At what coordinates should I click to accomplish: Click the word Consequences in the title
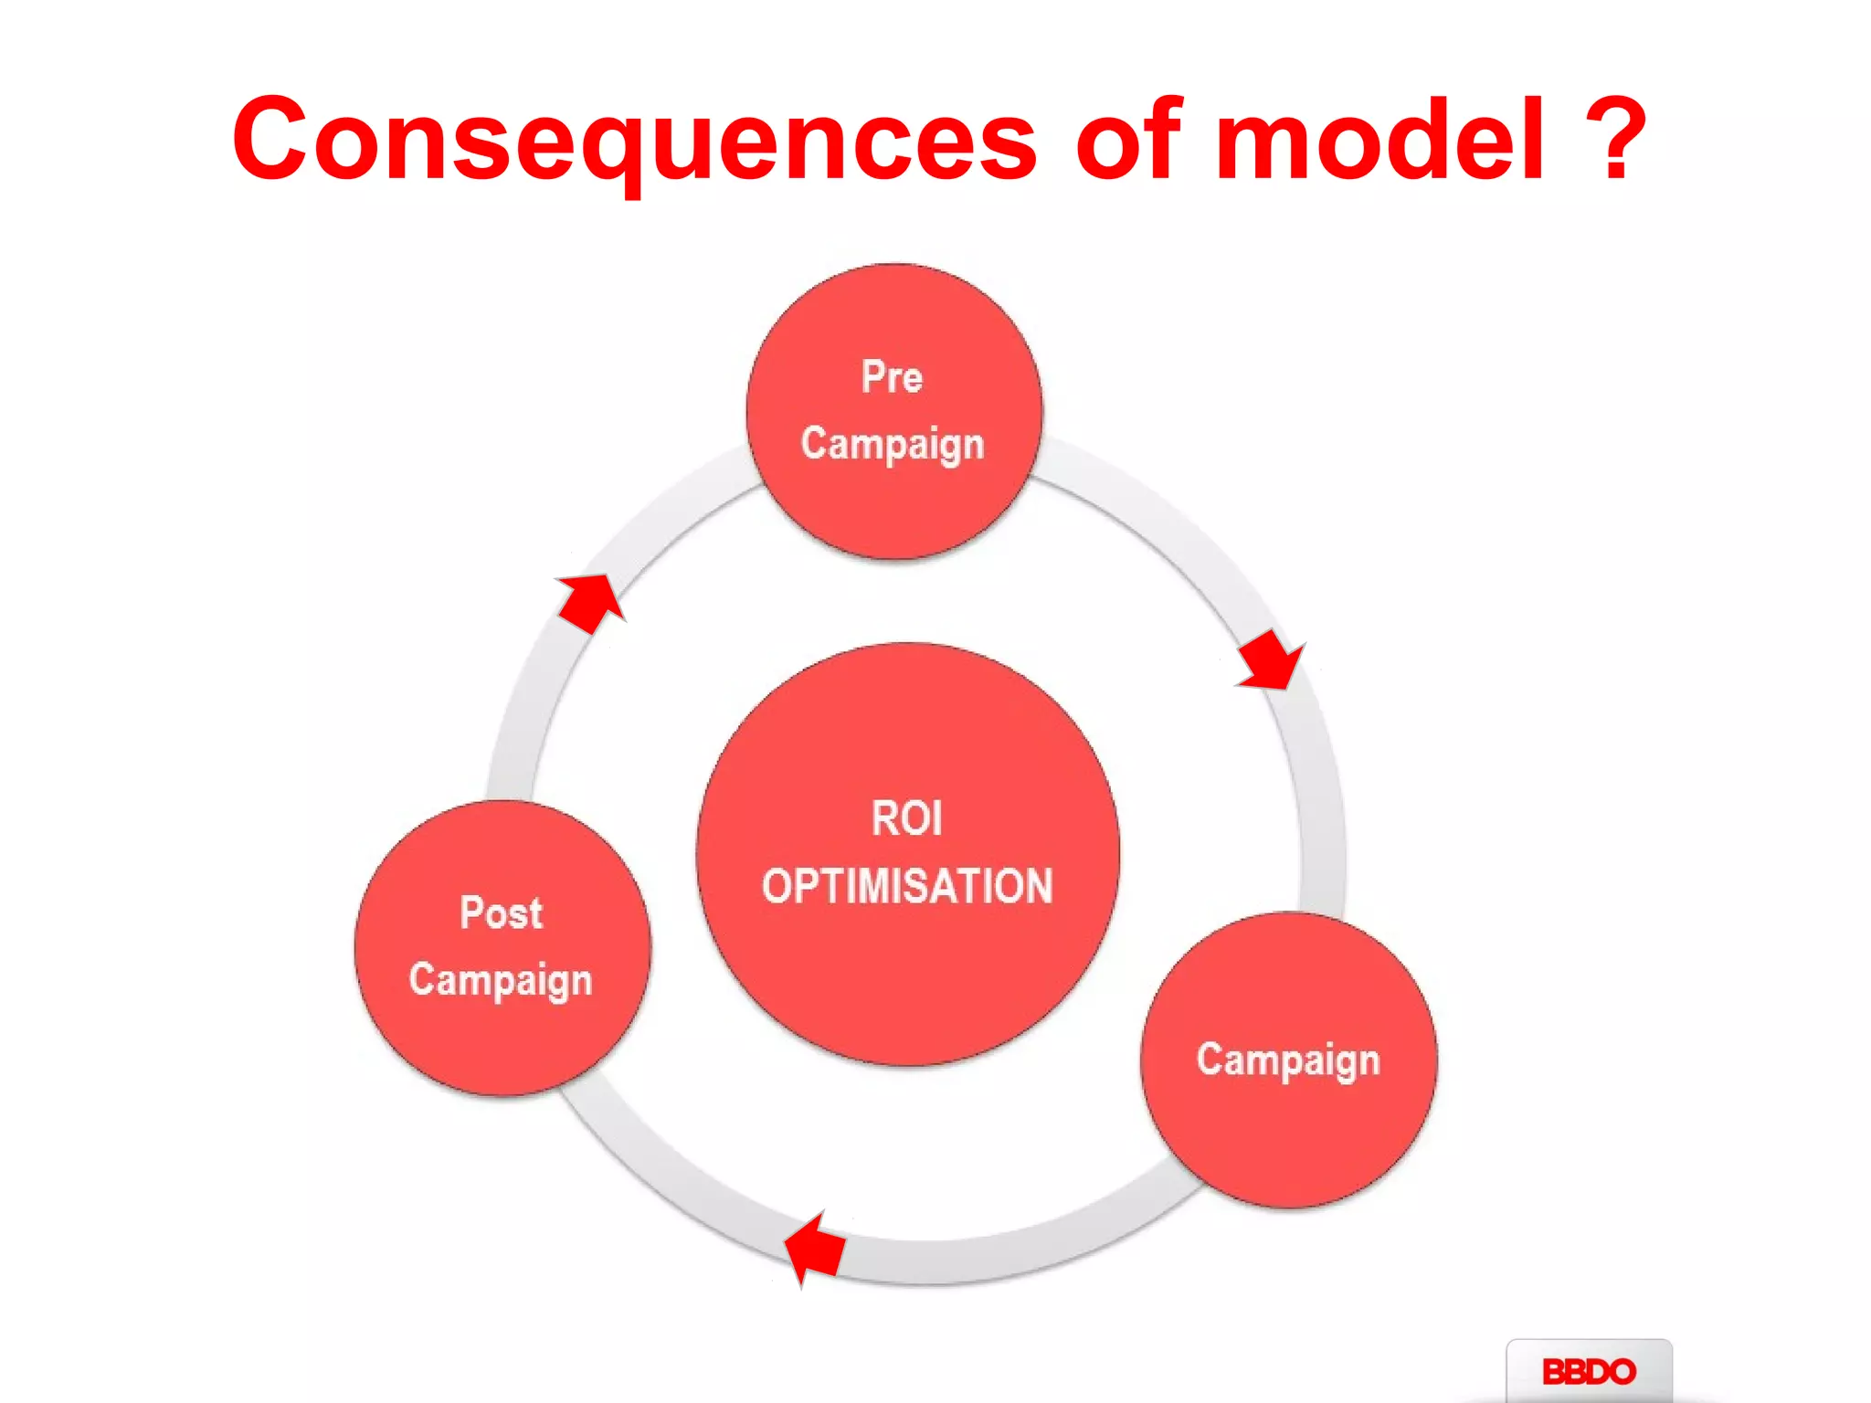[634, 139]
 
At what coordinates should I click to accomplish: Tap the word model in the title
[1379, 139]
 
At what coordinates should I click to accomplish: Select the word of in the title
[1128, 139]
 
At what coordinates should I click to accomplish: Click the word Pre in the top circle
[892, 376]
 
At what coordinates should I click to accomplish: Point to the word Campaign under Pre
[892, 444]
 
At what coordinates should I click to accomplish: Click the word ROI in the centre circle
[906, 818]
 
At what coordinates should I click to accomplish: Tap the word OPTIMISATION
[907, 886]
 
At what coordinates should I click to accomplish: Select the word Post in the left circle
[501, 912]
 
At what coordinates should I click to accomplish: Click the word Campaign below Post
[501, 980]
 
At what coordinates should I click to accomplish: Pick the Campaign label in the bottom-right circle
[1287, 1060]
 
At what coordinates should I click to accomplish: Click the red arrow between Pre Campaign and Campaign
[1270, 659]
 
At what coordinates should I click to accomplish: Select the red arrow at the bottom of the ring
[815, 1248]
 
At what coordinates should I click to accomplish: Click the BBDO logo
[1588, 1371]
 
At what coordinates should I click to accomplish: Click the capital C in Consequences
[271, 139]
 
